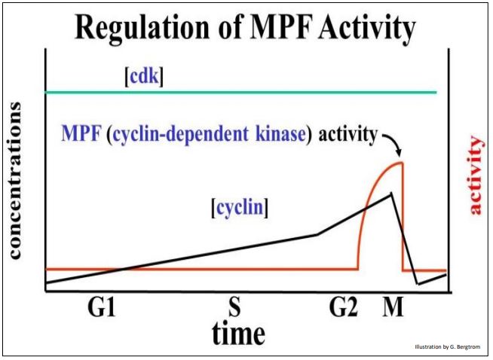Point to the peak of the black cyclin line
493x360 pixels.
coord(390,194)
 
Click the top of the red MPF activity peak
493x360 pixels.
coord(400,163)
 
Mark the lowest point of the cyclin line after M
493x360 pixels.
coord(418,284)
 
